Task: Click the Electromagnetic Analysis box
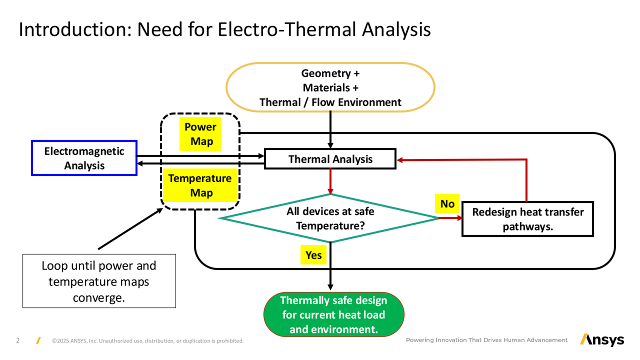(84, 158)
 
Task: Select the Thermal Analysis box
(330, 159)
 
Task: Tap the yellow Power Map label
(200, 134)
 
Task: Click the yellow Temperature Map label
(200, 185)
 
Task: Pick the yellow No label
(447, 203)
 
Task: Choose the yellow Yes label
(313, 254)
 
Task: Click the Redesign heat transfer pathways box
(527, 219)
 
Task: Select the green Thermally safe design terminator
(333, 314)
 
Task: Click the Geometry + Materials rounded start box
(330, 87)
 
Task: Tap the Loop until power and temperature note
(99, 281)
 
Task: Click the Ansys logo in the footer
(602, 339)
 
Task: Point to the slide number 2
(17, 340)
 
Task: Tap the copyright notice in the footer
(147, 341)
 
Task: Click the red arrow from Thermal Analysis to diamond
(330, 181)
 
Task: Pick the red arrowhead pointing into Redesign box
(460, 218)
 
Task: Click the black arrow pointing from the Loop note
(130, 228)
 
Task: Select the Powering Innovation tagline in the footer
(486, 340)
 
